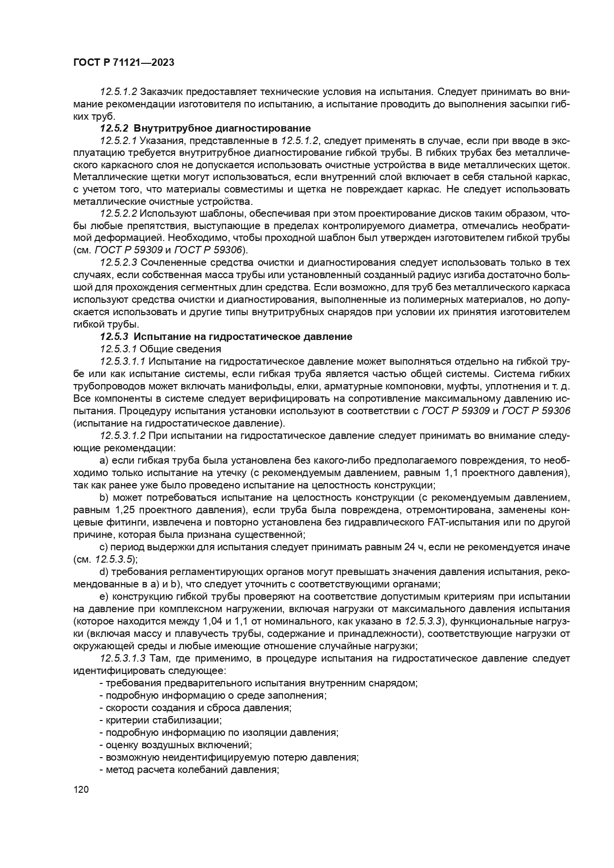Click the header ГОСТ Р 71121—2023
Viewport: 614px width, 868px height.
[123, 63]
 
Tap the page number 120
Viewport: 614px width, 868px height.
[81, 790]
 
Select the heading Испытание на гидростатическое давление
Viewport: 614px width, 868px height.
[243, 337]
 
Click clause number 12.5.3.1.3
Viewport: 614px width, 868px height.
[123, 658]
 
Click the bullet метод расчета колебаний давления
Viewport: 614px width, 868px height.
[190, 770]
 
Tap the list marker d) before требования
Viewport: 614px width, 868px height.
[104, 572]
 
